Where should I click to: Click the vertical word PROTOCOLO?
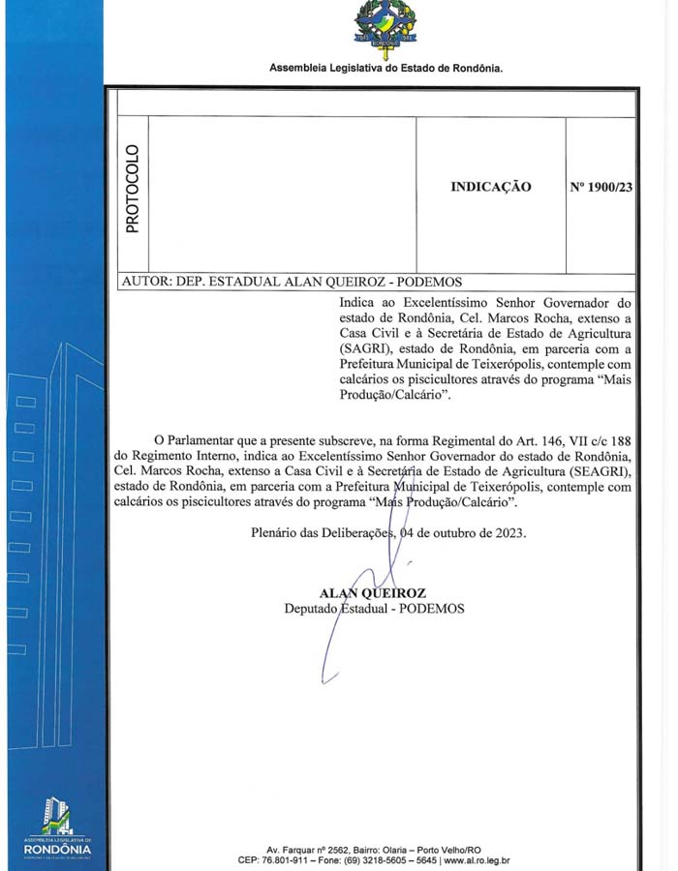[132, 189]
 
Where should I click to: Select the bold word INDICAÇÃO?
[490, 187]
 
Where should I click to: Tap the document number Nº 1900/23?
[601, 187]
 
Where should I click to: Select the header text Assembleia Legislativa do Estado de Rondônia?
[385, 69]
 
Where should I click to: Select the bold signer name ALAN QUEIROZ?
[373, 593]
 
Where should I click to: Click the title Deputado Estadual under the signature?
[339, 609]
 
